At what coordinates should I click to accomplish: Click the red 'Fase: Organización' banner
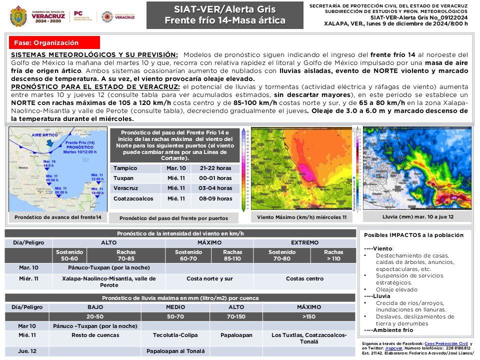point(54,43)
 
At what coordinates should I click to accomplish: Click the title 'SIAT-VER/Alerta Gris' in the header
point(224,9)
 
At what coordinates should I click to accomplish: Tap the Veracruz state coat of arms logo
point(18,16)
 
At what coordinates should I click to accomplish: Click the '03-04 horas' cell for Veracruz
point(215,188)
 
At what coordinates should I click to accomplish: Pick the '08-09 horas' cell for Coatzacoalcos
point(215,199)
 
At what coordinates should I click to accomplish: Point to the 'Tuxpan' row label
point(123,178)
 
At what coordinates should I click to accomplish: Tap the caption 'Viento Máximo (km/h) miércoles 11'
point(301,217)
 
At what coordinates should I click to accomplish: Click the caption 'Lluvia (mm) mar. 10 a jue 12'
point(410,217)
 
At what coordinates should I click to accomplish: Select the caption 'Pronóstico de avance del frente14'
point(58,217)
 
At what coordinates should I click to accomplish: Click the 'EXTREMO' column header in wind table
point(304,242)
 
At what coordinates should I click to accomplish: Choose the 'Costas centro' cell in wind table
point(304,278)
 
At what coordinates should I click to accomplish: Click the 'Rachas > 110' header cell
point(333,255)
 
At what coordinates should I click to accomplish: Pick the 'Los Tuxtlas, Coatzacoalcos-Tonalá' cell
point(308,338)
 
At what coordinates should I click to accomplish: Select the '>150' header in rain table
point(308,316)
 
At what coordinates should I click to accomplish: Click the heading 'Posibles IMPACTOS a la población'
point(413,235)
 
